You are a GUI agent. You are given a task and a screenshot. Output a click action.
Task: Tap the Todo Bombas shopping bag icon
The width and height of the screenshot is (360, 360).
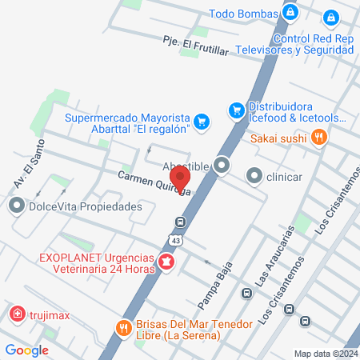tap(290, 14)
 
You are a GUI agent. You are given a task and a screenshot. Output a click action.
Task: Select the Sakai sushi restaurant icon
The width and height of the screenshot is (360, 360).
tap(319, 138)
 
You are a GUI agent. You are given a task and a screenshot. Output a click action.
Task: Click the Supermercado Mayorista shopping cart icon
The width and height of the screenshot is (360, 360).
tap(202, 121)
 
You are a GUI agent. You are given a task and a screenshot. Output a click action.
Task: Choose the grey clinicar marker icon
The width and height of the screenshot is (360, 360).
tap(254, 174)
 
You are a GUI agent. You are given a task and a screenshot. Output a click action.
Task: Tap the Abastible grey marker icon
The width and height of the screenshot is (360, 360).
tap(222, 166)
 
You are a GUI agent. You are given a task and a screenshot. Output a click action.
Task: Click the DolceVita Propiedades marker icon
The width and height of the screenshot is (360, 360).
tap(16, 206)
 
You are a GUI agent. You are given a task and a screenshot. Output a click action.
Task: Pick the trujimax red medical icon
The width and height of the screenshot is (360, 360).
tap(17, 314)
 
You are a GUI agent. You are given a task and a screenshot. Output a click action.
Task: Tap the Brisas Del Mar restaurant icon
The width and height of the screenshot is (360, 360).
tap(123, 327)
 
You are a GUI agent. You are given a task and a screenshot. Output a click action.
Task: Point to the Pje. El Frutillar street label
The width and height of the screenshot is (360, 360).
tap(195, 45)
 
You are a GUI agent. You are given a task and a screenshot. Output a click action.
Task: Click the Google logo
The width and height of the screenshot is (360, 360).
tap(26, 350)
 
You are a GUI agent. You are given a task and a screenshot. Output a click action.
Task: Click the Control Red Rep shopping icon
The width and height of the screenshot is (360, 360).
tap(331, 17)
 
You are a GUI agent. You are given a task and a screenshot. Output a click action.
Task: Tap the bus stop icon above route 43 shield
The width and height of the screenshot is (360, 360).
tap(181, 222)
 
